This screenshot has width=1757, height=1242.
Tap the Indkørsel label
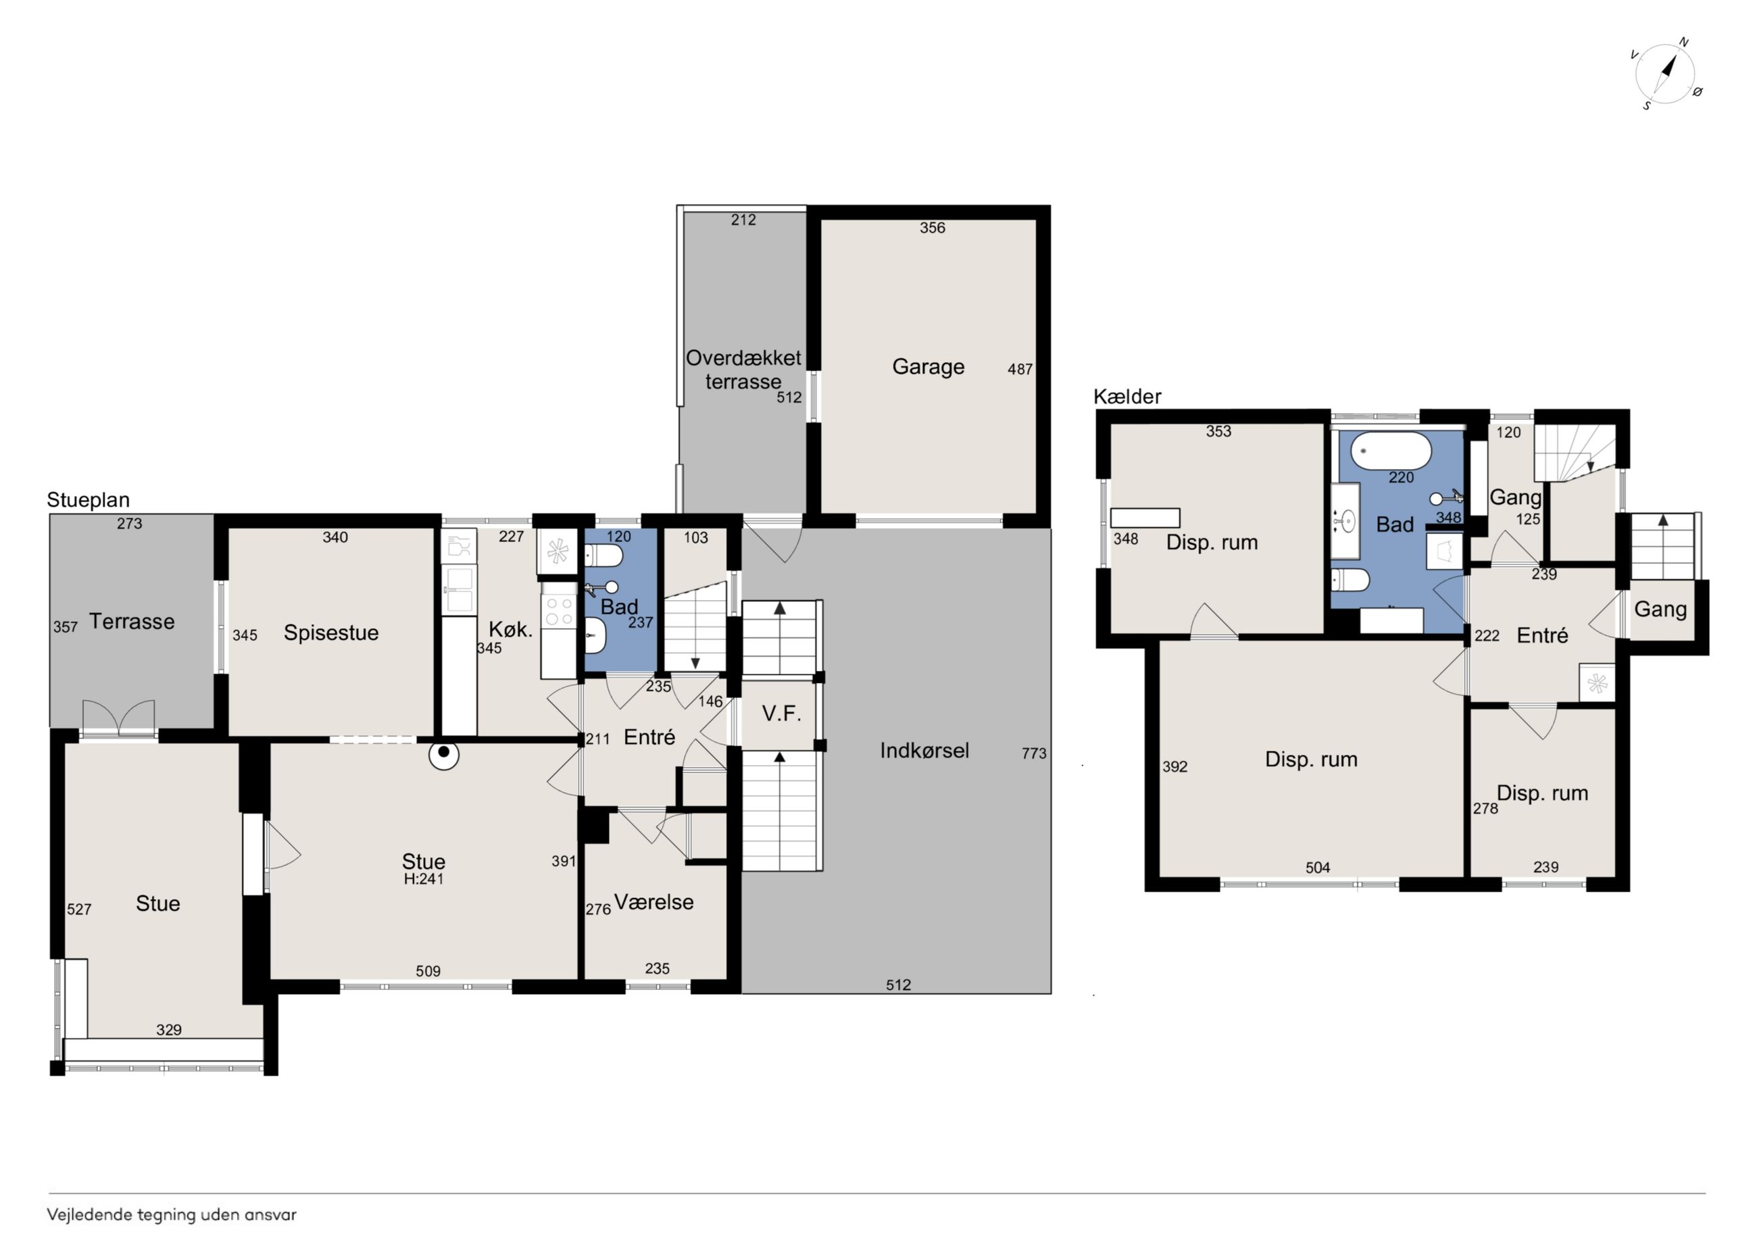coord(924,751)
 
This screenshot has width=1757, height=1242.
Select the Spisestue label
coord(330,633)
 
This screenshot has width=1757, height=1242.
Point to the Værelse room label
coord(653,902)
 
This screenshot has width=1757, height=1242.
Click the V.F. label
coord(781,714)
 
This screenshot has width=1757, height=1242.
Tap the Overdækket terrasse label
coord(743,370)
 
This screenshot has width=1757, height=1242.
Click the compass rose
coord(1665,75)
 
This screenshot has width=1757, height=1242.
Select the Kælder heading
coord(1127,397)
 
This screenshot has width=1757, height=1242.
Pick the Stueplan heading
coord(88,500)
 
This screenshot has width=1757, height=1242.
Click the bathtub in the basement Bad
coord(1391,452)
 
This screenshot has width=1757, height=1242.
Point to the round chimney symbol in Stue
coord(443,753)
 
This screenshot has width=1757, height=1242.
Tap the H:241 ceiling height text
coord(423,879)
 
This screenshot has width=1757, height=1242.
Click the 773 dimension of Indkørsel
coord(1034,753)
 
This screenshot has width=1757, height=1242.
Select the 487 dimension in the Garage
coord(1020,370)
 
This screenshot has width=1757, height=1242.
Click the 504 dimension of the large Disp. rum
coord(1318,868)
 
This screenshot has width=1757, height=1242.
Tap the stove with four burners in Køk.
coord(559,611)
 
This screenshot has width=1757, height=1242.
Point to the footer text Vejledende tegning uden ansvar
coord(172,1215)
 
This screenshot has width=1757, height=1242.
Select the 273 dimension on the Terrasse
coord(129,524)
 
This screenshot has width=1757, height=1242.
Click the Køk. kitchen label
coord(510,630)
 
